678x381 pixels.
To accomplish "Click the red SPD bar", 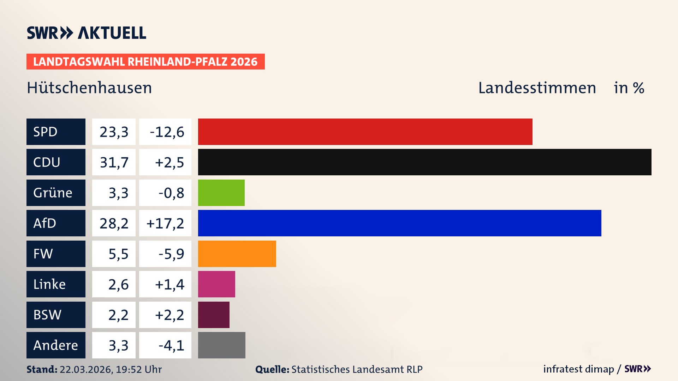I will tap(365, 132).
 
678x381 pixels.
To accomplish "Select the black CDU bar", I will tap(424, 162).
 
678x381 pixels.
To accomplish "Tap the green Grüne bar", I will tap(221, 193).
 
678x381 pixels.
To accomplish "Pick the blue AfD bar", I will tap(399, 223).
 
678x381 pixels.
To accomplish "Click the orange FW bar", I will tap(237, 254).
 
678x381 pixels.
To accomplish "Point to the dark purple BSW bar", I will tap(214, 315).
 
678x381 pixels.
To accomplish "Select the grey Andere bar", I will tap(221, 345).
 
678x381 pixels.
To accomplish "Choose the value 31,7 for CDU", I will tap(114, 162).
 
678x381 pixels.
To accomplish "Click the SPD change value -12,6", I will tap(167, 132).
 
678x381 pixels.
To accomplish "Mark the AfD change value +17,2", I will tap(165, 223).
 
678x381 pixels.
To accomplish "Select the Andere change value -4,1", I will tap(171, 345).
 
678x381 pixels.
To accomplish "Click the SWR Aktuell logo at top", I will tap(86, 33).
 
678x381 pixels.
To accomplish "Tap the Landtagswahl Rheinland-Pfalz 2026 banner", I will tap(145, 61).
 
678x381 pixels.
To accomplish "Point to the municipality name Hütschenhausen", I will tap(89, 88).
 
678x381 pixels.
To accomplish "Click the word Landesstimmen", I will tap(537, 88).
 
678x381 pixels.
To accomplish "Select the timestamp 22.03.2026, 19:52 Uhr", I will tap(111, 369).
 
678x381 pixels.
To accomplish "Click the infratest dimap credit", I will tap(578, 369).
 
